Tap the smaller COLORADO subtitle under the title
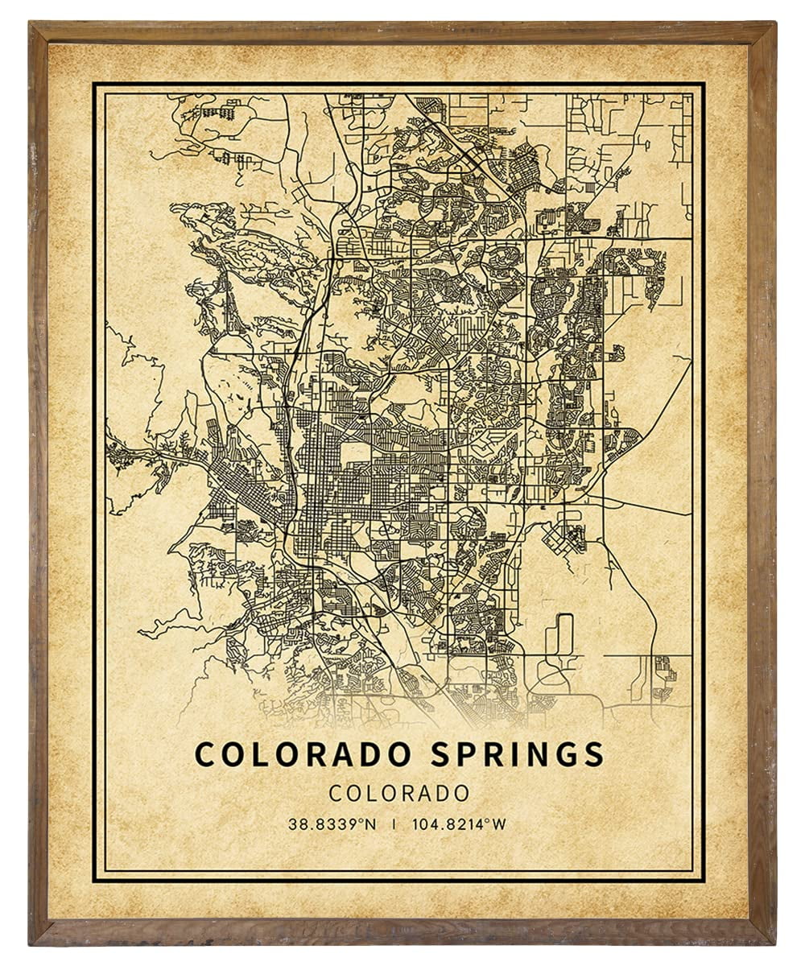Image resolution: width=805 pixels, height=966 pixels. (x=399, y=792)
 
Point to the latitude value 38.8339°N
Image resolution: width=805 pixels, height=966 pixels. (x=333, y=824)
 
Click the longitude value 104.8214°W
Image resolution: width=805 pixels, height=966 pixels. (x=459, y=824)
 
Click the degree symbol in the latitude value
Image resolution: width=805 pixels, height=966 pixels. (x=363, y=820)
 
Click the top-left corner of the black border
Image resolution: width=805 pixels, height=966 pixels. (x=93, y=82)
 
